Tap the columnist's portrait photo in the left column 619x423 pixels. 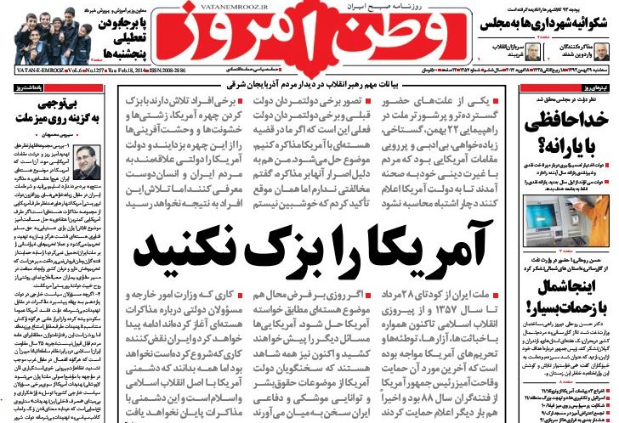tap(84, 161)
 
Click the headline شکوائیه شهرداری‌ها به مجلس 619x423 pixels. tap(550, 24)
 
